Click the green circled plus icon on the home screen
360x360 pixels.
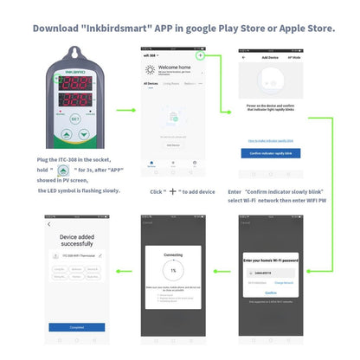pyautogui.click(x=200, y=55)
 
